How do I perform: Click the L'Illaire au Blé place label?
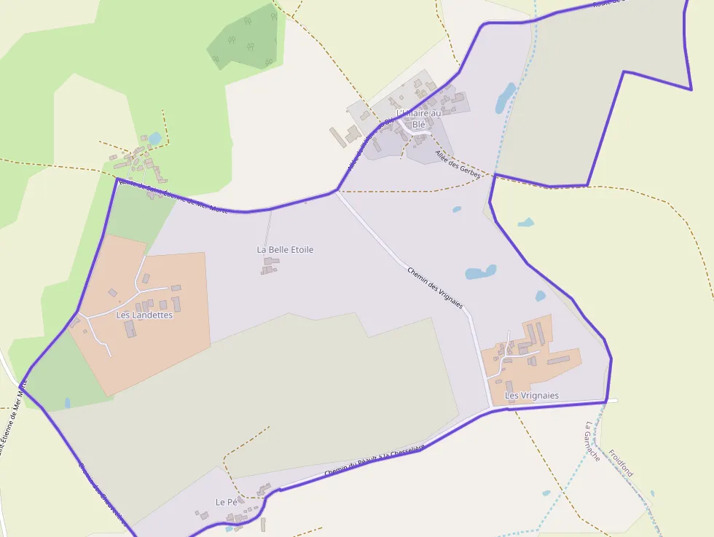pos(419,119)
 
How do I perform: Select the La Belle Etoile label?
pos(285,249)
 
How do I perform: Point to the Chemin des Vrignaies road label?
pos(435,289)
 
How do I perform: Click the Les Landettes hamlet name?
pos(144,315)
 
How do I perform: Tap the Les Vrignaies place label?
pos(532,396)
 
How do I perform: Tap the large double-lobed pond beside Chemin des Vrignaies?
pos(480,273)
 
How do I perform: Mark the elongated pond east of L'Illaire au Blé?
pos(505,98)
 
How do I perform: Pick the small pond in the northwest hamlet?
pos(154,138)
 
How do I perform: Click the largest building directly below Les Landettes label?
pos(130,329)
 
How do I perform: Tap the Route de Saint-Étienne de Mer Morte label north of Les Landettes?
pos(172,195)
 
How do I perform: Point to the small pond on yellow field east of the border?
pos(525,222)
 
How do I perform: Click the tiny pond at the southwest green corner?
pos(67,402)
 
